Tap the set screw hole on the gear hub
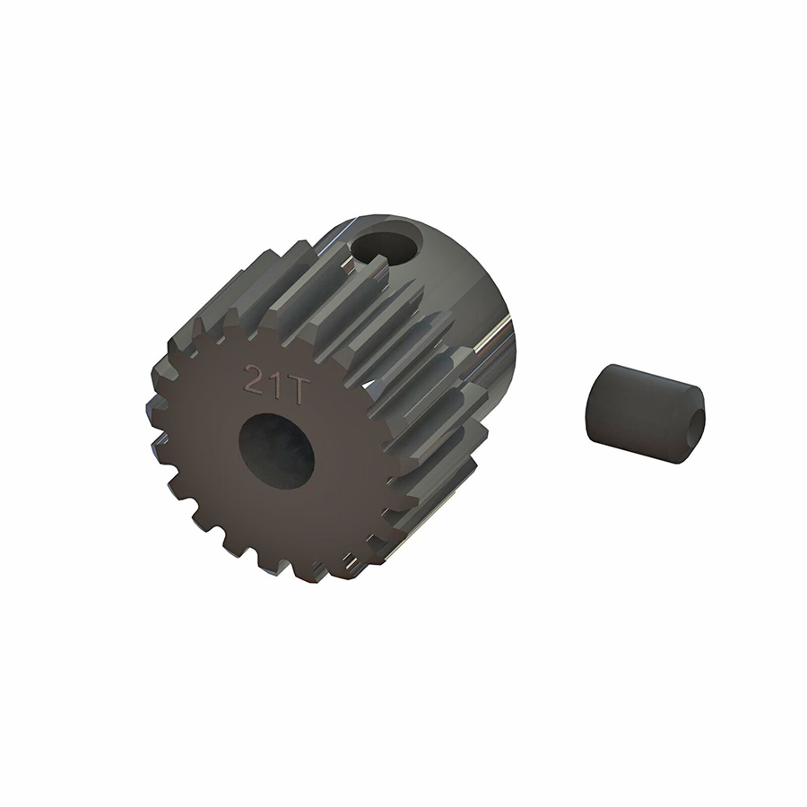388,240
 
